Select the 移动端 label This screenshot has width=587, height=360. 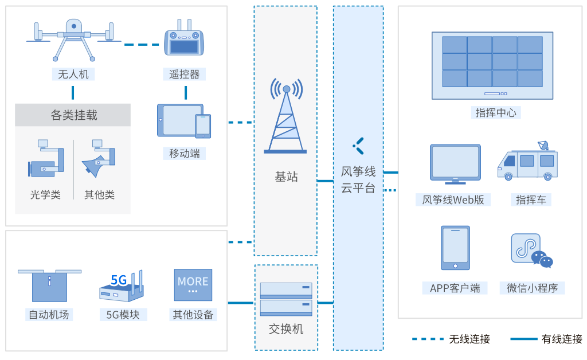click(185, 154)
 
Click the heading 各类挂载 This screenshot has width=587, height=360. click(73, 115)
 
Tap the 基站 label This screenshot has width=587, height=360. click(285, 176)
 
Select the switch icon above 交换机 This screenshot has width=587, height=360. click(285, 299)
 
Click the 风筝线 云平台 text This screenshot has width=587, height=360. click(358, 179)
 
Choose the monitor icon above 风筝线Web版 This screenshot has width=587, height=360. click(455, 164)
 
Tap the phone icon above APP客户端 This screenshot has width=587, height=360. click(455, 248)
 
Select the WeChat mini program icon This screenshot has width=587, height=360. click(531, 250)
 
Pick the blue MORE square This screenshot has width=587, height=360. click(193, 285)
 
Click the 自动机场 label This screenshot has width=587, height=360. click(49, 315)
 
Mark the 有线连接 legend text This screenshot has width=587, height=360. click(561, 339)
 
